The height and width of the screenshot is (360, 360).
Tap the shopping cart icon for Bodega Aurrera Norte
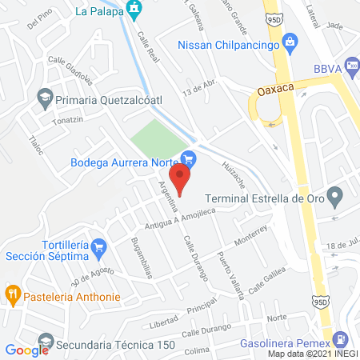click(x=189, y=159)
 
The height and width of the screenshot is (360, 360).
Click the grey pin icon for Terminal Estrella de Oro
click(x=335, y=195)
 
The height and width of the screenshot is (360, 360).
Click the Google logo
click(x=27, y=350)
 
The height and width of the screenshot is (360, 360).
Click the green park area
click(x=157, y=136)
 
